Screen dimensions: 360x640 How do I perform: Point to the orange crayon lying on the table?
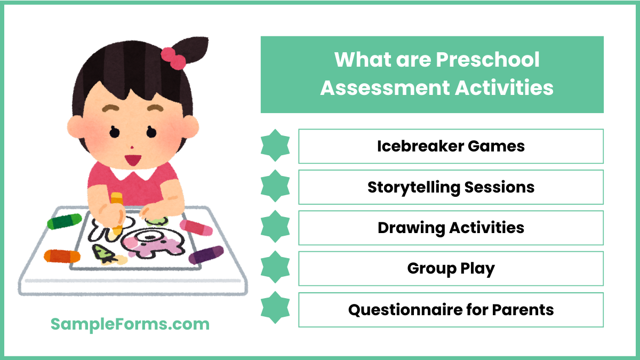pyautogui.click(x=62, y=257)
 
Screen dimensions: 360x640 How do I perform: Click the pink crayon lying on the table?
pyautogui.click(x=196, y=228)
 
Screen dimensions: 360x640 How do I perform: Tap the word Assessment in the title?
pyautogui.click(x=384, y=87)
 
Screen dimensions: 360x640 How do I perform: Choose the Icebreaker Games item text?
pyautogui.click(x=451, y=146)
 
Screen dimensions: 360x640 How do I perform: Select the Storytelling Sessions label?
pyautogui.click(x=451, y=187)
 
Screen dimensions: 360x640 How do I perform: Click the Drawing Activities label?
pyautogui.click(x=451, y=228)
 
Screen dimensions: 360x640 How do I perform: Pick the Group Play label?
pyautogui.click(x=451, y=268)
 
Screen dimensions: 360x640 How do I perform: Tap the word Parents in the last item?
pyautogui.click(x=523, y=309)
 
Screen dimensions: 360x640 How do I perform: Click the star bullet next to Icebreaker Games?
pyautogui.click(x=275, y=146)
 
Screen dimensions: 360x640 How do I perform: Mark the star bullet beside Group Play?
pyautogui.click(x=275, y=268)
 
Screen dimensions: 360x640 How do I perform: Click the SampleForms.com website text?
pyautogui.click(x=130, y=324)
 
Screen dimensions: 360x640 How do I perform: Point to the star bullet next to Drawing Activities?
pyautogui.click(x=275, y=228)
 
